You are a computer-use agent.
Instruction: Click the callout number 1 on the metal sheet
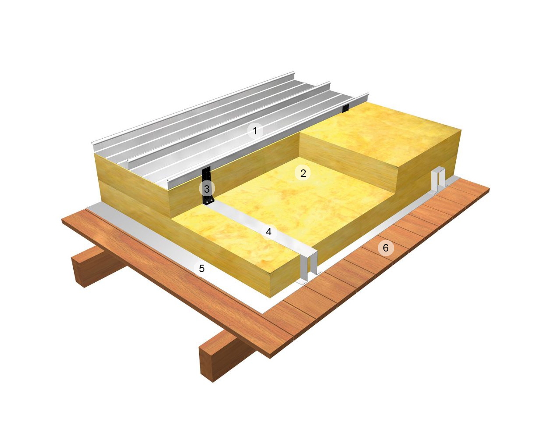point(255,130)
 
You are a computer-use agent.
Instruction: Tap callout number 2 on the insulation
point(303,173)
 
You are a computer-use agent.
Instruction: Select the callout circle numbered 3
point(207,189)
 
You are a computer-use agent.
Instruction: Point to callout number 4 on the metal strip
point(269,231)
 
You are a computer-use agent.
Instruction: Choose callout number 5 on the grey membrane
point(202,268)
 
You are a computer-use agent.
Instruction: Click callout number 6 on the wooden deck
point(386,248)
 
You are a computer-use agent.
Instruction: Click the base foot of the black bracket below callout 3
point(207,202)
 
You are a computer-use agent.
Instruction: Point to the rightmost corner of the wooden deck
point(489,190)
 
